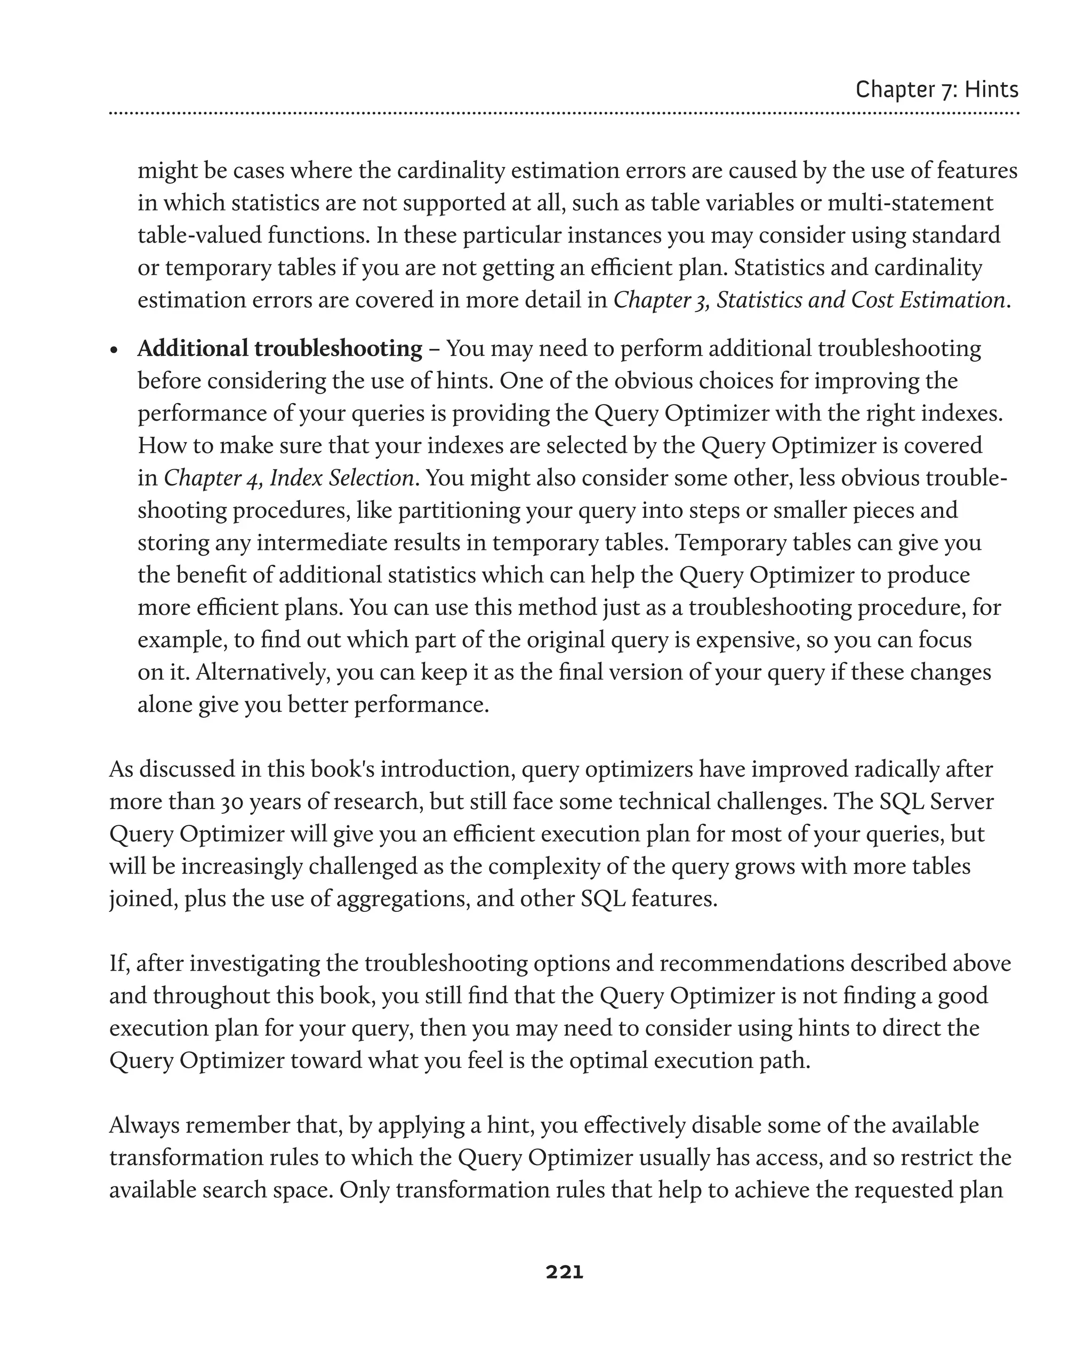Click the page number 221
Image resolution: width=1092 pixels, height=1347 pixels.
point(564,1272)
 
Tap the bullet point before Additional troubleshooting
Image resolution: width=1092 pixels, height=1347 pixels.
point(114,350)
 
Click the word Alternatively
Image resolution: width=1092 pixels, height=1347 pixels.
point(262,672)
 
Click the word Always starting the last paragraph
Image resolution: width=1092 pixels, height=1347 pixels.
point(143,1125)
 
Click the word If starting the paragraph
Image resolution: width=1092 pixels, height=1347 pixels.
point(118,963)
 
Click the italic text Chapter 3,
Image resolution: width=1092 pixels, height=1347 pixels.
point(661,300)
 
